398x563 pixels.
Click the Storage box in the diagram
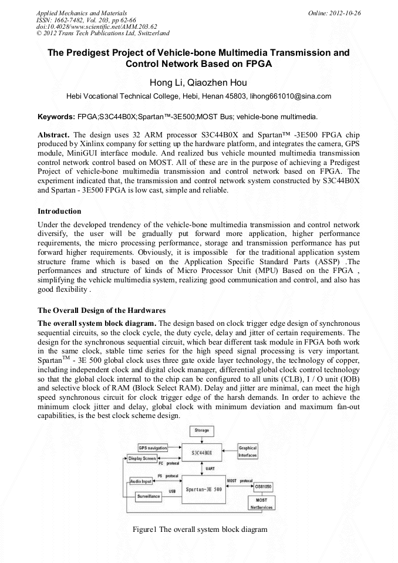(201, 431)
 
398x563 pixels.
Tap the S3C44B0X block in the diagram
(203, 453)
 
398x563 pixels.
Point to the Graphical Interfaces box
(247, 451)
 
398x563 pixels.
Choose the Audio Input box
(140, 481)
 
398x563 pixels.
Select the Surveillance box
(149, 496)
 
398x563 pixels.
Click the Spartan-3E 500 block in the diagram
(203, 489)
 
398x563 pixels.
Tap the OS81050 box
(264, 487)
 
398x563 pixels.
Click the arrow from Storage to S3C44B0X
(201, 439)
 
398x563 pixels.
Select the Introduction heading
(59, 211)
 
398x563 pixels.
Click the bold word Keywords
(55, 117)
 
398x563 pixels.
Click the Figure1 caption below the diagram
(200, 529)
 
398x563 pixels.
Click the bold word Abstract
(54, 134)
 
